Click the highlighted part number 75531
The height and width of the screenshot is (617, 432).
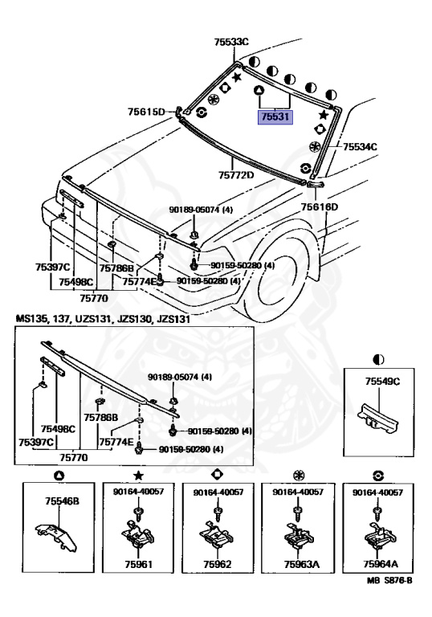pyautogui.click(x=275, y=116)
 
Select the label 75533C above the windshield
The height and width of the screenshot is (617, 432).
pyautogui.click(x=231, y=42)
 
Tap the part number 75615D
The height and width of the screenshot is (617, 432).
pyautogui.click(x=146, y=112)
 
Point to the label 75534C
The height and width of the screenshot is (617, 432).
pyautogui.click(x=360, y=147)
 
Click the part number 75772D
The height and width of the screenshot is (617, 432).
pyautogui.click(x=236, y=174)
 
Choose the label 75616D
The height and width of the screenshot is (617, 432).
pyautogui.click(x=319, y=206)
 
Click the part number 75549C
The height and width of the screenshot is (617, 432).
pyautogui.click(x=382, y=382)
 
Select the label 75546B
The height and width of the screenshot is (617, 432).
pyautogui.click(x=62, y=501)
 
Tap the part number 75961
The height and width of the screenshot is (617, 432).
pyautogui.click(x=138, y=564)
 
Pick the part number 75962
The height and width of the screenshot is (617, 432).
pyautogui.click(x=217, y=564)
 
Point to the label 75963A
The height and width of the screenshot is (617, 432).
pyautogui.click(x=301, y=564)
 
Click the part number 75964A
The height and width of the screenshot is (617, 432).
pyautogui.click(x=381, y=564)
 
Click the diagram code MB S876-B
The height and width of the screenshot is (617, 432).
pyautogui.click(x=389, y=580)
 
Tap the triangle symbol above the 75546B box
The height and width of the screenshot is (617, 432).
pyautogui.click(x=59, y=476)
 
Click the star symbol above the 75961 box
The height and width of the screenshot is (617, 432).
pyautogui.click(x=138, y=476)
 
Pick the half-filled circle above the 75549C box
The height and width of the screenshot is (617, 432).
pyautogui.click(x=378, y=359)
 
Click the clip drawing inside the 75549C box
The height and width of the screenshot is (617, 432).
pyautogui.click(x=377, y=419)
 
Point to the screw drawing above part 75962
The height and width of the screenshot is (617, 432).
pyautogui.click(x=218, y=513)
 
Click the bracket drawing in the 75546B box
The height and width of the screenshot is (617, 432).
pyautogui.click(x=57, y=537)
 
